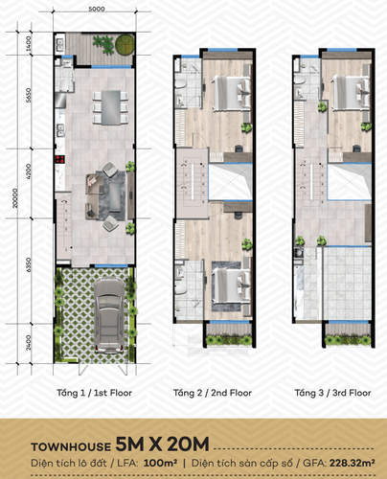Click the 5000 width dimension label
click(97, 9)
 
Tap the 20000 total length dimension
click(14, 198)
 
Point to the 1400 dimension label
click(29, 44)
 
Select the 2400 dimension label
click(29, 342)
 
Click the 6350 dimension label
click(29, 264)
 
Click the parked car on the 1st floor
click(109, 315)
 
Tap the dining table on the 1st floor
click(111, 107)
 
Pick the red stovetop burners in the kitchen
click(59, 159)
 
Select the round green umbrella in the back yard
click(125, 44)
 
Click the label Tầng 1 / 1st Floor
click(94, 393)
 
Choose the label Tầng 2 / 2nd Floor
click(213, 393)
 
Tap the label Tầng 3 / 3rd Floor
click(332, 393)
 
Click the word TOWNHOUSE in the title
click(71, 446)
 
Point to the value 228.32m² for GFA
click(353, 463)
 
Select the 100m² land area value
click(160, 463)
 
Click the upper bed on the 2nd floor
click(232, 93)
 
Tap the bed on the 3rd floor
click(351, 93)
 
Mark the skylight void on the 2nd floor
click(231, 182)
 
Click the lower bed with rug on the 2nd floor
click(232, 285)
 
